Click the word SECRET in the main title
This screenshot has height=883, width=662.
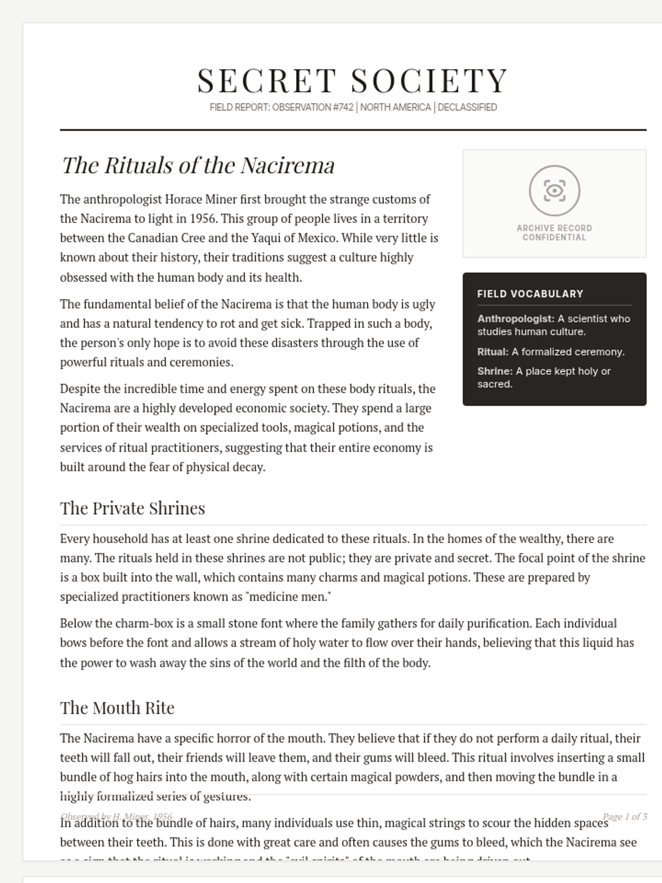pyautogui.click(x=266, y=81)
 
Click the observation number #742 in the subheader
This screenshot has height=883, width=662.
pyautogui.click(x=343, y=107)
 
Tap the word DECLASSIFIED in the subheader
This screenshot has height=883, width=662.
pyautogui.click(x=467, y=107)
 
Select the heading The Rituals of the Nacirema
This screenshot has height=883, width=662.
pyautogui.click(x=198, y=166)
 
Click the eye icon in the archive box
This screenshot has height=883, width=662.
pyautogui.click(x=554, y=190)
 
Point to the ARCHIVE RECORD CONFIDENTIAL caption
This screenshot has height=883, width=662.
pyautogui.click(x=554, y=232)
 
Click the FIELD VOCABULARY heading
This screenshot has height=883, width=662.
pyautogui.click(x=530, y=294)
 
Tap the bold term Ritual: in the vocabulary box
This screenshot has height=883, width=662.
pyautogui.click(x=493, y=352)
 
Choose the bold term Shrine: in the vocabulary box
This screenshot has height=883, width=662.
pyautogui.click(x=495, y=371)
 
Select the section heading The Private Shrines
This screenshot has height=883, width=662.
pyautogui.click(x=132, y=508)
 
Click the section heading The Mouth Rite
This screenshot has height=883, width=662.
pyautogui.click(x=117, y=708)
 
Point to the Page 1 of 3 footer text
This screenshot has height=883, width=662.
pyautogui.click(x=624, y=816)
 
